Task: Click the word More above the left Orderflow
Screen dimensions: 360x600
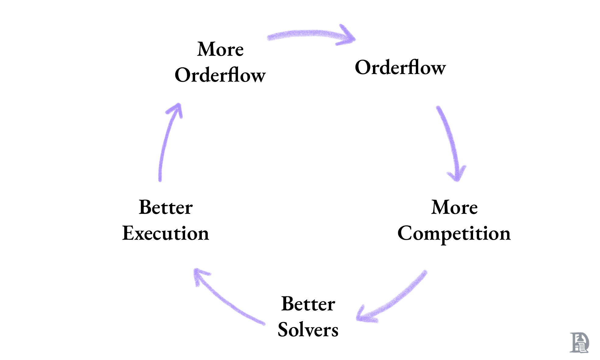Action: [220, 49]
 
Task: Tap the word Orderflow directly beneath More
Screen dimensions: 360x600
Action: [220, 75]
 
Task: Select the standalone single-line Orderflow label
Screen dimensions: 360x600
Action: [400, 67]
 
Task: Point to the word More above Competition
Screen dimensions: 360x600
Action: [454, 207]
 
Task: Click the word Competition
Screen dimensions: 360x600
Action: [454, 234]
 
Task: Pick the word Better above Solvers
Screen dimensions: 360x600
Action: [308, 304]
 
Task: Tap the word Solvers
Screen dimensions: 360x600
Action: [308, 330]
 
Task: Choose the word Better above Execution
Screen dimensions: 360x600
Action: [166, 207]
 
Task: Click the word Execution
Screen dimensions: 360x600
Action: [166, 234]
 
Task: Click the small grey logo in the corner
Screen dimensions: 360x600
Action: [579, 343]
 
